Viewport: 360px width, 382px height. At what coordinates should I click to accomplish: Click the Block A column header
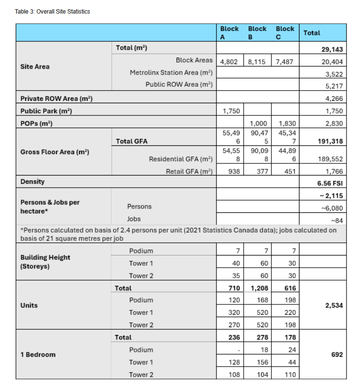pos(229,32)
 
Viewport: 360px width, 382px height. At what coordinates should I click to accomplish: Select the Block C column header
pos(285,32)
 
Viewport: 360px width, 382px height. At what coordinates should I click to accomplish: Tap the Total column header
pos(312,32)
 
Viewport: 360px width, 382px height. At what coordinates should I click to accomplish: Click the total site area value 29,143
pos(332,49)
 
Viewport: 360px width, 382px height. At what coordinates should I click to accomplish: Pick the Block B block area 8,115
pos(257,62)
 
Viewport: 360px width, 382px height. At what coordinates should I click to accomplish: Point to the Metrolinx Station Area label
pos(172,73)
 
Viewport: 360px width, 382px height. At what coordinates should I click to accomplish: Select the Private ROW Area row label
pos(56,98)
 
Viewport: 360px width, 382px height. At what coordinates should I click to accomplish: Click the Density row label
pos(32,182)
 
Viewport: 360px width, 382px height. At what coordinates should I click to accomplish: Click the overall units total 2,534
pos(333,306)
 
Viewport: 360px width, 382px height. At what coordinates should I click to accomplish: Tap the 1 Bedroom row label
pos(38,355)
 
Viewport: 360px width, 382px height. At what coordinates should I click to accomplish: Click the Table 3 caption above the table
pos(52,11)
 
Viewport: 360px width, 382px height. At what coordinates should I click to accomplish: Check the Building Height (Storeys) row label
pos(45,262)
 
